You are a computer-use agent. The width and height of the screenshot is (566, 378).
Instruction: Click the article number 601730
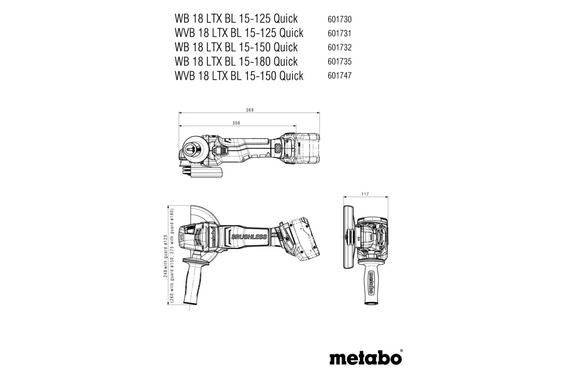[339, 19]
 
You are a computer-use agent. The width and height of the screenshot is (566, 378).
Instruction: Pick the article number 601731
[339, 34]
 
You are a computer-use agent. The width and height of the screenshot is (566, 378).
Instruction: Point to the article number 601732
[339, 48]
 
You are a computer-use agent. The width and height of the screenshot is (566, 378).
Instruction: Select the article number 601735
[339, 62]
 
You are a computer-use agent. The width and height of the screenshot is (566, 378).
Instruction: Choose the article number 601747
[339, 76]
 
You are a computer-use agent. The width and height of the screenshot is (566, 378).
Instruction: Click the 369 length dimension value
[250, 110]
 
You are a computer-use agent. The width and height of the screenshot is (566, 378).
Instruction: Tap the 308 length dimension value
[236, 123]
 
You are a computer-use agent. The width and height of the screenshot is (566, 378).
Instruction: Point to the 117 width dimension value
[364, 194]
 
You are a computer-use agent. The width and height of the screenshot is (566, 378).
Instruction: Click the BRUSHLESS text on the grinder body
[249, 237]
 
